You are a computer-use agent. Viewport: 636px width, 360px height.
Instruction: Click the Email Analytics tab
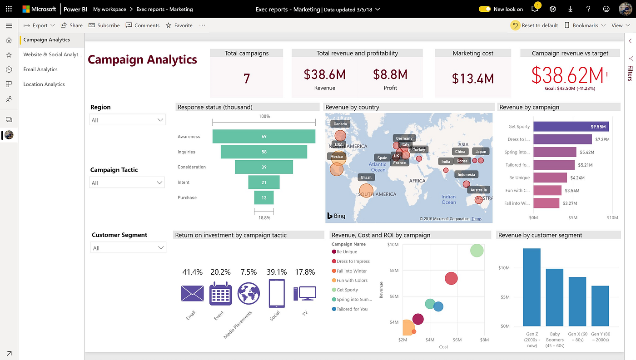(x=40, y=69)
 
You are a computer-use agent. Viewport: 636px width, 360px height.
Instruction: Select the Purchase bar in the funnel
(x=264, y=197)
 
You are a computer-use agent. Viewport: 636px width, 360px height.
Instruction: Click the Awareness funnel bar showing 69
(x=264, y=137)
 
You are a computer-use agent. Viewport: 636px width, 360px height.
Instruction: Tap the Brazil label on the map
(x=366, y=177)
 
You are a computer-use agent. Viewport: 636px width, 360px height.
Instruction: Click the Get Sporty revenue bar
(x=571, y=127)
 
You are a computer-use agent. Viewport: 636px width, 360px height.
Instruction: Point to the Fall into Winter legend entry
(x=351, y=271)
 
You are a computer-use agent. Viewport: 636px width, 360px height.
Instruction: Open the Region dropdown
(x=127, y=120)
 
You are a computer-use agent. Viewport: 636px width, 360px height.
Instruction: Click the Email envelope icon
(x=192, y=293)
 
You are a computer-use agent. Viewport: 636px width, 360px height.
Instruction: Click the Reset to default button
(x=535, y=25)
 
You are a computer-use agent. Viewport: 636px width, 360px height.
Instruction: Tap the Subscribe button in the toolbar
(x=104, y=25)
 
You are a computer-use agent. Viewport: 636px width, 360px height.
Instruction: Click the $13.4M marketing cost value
(x=473, y=79)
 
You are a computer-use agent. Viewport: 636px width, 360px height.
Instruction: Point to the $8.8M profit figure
(x=390, y=74)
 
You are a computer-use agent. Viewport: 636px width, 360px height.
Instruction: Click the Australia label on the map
(x=478, y=190)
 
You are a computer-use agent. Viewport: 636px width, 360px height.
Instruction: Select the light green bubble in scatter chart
(x=477, y=250)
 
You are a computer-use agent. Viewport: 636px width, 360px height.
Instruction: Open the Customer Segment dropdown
(x=128, y=248)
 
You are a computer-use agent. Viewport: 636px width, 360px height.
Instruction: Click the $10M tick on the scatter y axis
(x=393, y=245)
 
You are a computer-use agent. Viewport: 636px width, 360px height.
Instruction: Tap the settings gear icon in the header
(x=553, y=9)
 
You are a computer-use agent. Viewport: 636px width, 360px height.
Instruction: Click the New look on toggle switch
(x=485, y=9)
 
